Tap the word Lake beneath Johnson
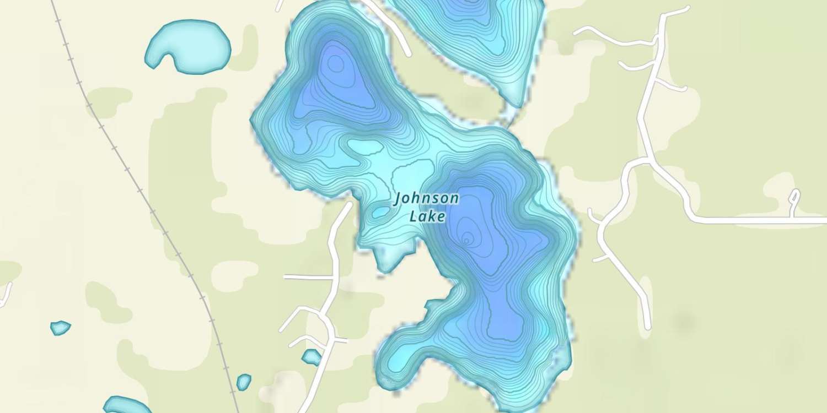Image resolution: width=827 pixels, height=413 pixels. (427, 216)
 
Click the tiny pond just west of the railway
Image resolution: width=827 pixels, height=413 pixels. (60, 328)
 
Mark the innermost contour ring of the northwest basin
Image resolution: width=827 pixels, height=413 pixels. (335, 64)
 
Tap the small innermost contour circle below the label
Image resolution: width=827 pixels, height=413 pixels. (466, 240)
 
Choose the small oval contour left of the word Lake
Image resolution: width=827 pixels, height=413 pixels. (380, 212)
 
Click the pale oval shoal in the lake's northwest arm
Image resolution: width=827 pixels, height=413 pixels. (364, 147)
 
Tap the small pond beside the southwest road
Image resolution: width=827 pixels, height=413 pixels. (312, 357)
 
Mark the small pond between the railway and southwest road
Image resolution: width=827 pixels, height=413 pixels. (243, 381)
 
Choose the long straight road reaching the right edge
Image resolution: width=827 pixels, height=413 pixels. (761, 220)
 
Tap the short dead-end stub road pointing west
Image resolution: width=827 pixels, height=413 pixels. (306, 277)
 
